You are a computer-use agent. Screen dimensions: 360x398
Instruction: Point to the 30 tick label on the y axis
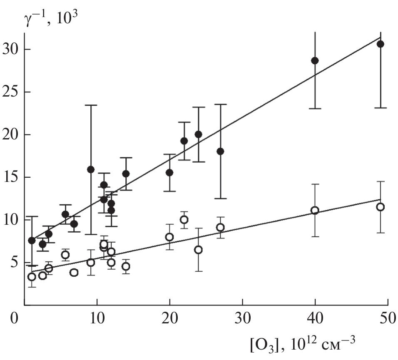tap(11, 50)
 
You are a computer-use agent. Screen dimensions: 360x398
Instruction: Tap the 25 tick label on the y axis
tap(11, 92)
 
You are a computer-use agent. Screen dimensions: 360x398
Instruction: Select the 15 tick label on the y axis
tap(11, 177)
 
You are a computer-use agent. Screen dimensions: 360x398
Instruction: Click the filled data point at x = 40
tap(315, 60)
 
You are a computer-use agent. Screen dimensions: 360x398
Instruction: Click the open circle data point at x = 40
tap(315, 210)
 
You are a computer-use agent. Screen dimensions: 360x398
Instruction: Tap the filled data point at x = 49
tap(380, 44)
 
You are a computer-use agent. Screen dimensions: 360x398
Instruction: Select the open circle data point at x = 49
tap(380, 207)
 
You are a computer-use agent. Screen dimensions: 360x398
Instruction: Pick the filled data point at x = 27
tap(220, 151)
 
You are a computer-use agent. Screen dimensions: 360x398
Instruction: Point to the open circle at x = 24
tap(198, 250)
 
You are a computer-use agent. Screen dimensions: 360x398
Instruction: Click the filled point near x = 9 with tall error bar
tap(91, 169)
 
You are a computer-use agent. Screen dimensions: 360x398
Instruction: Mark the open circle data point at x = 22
tap(184, 220)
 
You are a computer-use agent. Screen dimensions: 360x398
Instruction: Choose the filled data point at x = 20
tap(169, 172)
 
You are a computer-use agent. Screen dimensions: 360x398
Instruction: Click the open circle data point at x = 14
tap(126, 266)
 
